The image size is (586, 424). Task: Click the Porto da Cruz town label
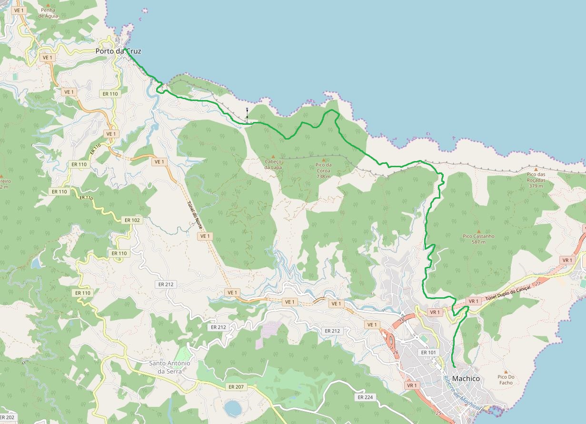[118, 51]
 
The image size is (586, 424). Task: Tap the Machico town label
[466, 378]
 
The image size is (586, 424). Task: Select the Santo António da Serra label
[169, 367]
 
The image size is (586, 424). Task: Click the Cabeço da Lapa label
[273, 164]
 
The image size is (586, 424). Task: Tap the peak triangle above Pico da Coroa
[324, 160]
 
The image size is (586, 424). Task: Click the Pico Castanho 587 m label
[478, 239]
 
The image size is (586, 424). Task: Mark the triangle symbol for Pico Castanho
[478, 231]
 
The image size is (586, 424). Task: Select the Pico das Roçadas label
[536, 177]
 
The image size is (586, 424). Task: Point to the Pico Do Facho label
[506, 379]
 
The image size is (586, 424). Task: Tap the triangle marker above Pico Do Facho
[506, 372]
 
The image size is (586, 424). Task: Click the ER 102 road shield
[132, 220]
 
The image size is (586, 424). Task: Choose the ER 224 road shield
[365, 397]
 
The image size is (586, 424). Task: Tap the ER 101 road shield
[428, 352]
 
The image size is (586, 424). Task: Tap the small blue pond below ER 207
[232, 408]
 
